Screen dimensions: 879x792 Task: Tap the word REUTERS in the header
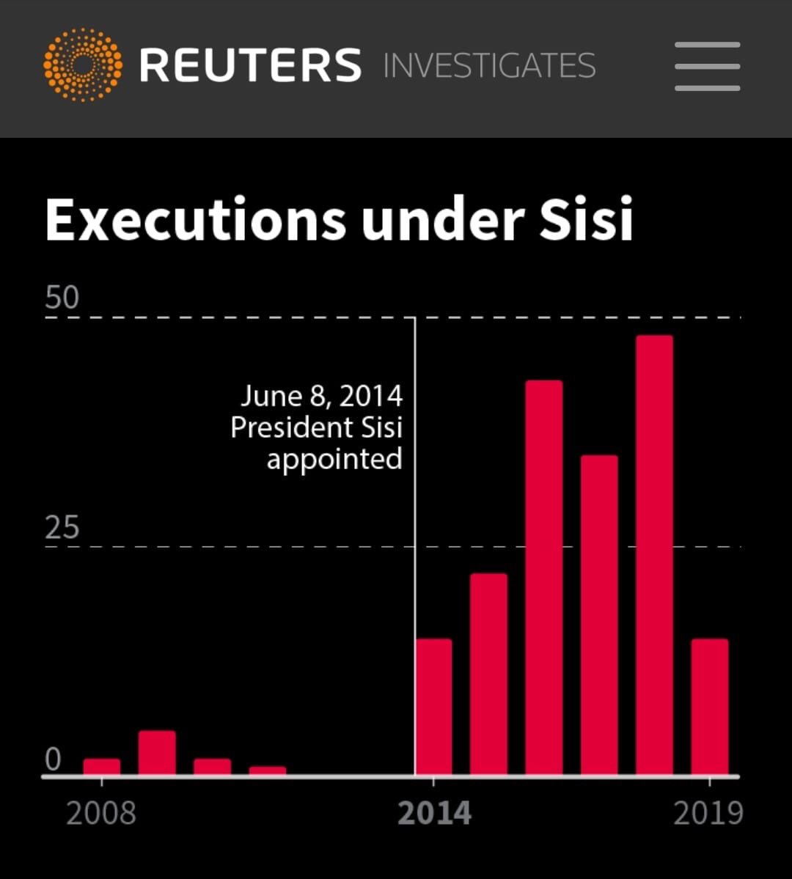[250, 65]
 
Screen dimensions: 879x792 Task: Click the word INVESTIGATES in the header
[489, 66]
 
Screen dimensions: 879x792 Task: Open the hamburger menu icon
[707, 66]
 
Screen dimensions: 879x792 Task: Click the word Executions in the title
[196, 220]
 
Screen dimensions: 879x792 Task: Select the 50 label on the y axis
[62, 298]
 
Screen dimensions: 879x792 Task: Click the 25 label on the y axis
[62, 528]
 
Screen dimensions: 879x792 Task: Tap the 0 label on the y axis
[53, 760]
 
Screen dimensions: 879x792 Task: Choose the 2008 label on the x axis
[101, 814]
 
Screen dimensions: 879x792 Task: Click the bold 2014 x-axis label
[434, 814]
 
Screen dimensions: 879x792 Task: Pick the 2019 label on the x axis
[708, 814]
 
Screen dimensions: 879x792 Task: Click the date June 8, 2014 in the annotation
[322, 396]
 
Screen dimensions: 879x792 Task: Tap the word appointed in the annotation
[334, 460]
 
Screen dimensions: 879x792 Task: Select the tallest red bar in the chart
[654, 555]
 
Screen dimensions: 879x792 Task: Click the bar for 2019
[710, 707]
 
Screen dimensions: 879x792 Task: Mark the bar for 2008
[101, 767]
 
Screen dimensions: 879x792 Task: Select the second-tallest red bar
[544, 578]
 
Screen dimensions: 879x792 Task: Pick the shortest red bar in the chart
[268, 770]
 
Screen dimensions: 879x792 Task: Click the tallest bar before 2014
[157, 753]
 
